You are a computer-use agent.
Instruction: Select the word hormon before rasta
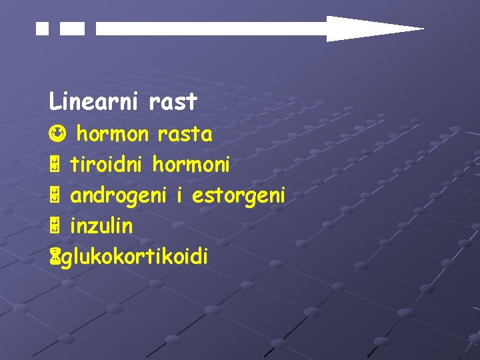(113, 134)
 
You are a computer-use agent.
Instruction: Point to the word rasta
(185, 134)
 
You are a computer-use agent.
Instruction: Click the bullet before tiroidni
(55, 164)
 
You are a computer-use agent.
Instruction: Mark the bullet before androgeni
(55, 196)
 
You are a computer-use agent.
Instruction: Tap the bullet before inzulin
(55, 227)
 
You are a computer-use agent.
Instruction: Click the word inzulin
(101, 227)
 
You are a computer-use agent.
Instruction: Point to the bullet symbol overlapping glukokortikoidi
(53, 257)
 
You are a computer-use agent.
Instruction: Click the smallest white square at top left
(43, 29)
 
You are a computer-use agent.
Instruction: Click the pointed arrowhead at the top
(373, 29)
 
